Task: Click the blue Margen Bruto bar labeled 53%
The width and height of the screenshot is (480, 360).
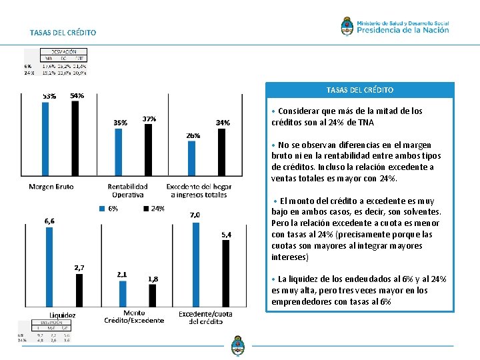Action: [x=45, y=140]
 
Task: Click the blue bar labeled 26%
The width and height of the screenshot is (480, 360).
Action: [x=192, y=160]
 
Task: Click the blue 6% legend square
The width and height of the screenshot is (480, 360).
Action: [x=103, y=209]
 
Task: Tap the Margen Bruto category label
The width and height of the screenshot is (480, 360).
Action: [x=51, y=187]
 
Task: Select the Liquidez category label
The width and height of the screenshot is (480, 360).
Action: [x=62, y=315]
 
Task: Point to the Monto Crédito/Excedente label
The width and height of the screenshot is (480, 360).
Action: [x=133, y=317]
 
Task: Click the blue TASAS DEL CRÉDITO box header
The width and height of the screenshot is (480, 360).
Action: [x=360, y=90]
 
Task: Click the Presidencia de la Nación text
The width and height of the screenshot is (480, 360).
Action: [x=403, y=29]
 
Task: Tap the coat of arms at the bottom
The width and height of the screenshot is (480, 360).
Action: [x=237, y=347]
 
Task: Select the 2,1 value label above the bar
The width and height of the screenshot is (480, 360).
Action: [x=122, y=274]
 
